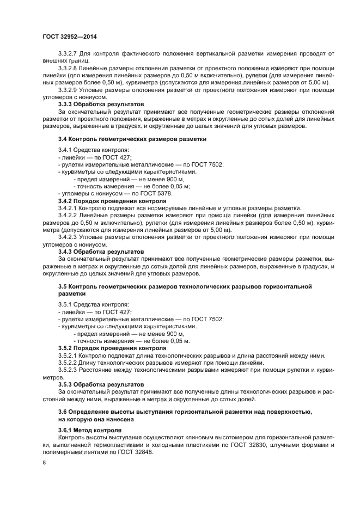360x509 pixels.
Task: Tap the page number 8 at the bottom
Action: [44, 463]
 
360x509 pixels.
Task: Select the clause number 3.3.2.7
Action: [68, 54]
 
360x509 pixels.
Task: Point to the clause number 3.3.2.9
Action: [68, 89]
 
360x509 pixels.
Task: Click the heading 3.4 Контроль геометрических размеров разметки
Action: [132, 139]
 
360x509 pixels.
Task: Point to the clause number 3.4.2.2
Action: [68, 216]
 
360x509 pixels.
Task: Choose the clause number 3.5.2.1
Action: [68, 355]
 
